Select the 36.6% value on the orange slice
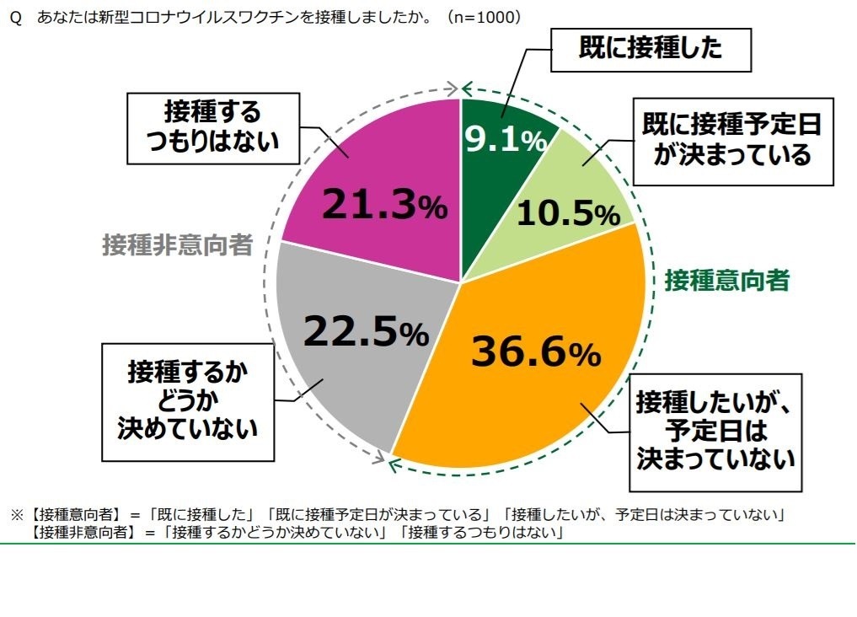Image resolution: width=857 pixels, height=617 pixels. [x=535, y=351]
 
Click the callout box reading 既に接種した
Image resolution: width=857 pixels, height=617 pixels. [x=650, y=49]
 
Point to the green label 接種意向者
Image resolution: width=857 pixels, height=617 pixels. [x=726, y=281]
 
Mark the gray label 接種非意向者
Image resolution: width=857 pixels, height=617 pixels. [x=178, y=245]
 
